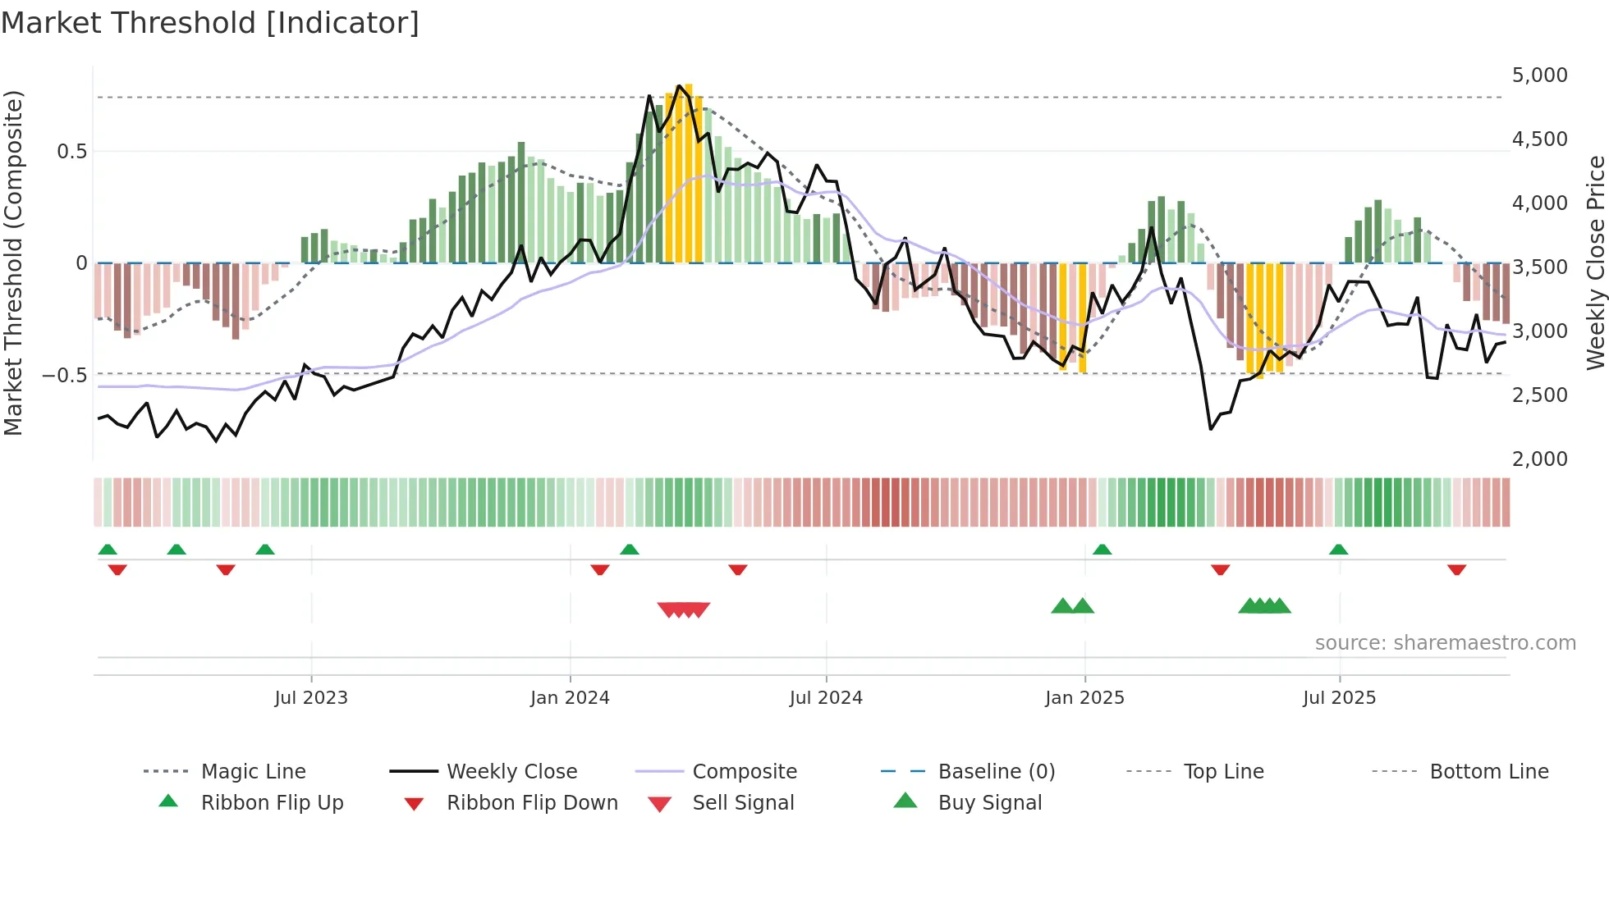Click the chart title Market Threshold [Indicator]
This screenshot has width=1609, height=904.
click(210, 23)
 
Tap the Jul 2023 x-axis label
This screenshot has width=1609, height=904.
click(311, 698)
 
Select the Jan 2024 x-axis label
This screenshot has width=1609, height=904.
click(570, 698)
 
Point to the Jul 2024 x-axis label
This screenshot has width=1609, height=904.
click(826, 698)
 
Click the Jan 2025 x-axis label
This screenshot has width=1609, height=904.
click(1084, 698)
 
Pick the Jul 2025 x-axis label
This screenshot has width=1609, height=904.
click(1339, 698)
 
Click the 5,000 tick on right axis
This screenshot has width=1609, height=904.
click(1539, 75)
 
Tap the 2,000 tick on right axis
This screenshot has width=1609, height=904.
click(1539, 459)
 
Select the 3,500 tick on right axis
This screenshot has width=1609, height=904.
click(1539, 267)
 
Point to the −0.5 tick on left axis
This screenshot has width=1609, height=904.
click(64, 376)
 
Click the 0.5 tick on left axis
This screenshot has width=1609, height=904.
click(71, 152)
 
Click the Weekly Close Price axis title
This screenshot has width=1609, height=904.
click(1595, 263)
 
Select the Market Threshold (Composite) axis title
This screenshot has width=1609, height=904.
click(13, 263)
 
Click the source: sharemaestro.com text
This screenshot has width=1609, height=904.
click(1445, 643)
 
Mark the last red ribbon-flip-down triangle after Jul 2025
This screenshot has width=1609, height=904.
click(1457, 569)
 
